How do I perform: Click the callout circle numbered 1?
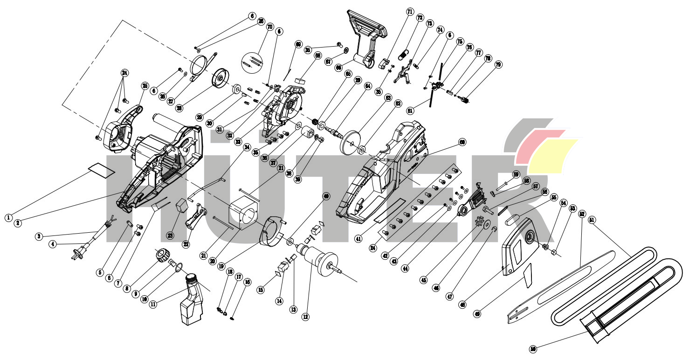click(x=8, y=217)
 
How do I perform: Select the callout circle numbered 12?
click(x=305, y=317)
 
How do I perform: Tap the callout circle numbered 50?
click(x=533, y=349)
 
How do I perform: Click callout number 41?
click(x=358, y=239)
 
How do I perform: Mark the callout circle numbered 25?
click(x=145, y=86)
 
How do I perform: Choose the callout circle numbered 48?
click(x=462, y=305)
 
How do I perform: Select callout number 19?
click(x=220, y=266)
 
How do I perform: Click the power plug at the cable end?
click(x=76, y=255)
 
